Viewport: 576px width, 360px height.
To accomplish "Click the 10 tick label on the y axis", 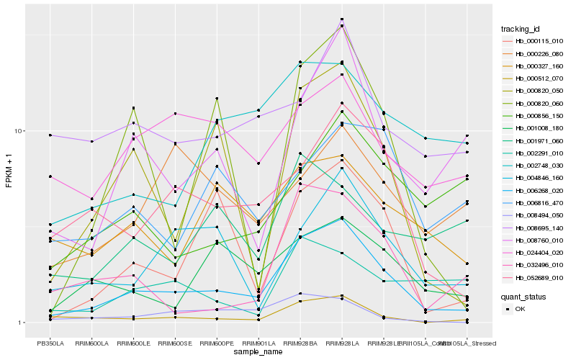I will coord(21,131).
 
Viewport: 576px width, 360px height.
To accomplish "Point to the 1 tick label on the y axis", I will coord(22,323).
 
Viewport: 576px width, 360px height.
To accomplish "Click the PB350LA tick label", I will coord(50,343).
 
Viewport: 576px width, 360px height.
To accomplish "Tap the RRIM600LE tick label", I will coord(133,343).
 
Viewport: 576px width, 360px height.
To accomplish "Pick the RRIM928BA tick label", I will coord(300,343).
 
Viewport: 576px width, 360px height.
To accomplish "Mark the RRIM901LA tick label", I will coord(258,343).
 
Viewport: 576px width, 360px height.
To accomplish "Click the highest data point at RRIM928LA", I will coord(342,19).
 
